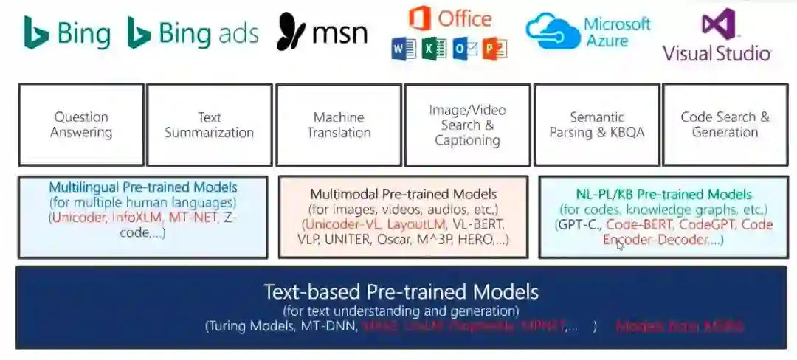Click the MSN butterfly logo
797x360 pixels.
pyautogui.click(x=291, y=33)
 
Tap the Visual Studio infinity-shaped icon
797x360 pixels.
pyautogui.click(x=718, y=24)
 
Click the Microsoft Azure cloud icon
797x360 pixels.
pyautogui.click(x=552, y=31)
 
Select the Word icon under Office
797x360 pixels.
pyautogui.click(x=404, y=49)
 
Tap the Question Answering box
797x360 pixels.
pyautogui.click(x=81, y=125)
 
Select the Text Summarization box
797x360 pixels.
pyautogui.click(x=210, y=125)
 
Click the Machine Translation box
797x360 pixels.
pyautogui.click(x=339, y=125)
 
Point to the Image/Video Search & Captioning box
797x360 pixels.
pyautogui.click(x=467, y=125)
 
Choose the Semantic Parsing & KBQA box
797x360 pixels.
pyautogui.click(x=596, y=125)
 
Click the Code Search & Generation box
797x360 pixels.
pyautogui.click(x=725, y=125)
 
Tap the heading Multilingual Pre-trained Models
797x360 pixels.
pyautogui.click(x=143, y=187)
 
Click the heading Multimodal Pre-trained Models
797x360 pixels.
pyautogui.click(x=403, y=194)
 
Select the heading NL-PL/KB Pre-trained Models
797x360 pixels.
pyautogui.click(x=663, y=195)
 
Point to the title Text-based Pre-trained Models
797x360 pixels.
pyautogui.click(x=401, y=291)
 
